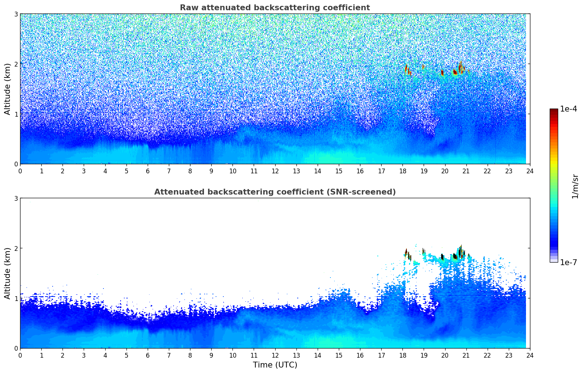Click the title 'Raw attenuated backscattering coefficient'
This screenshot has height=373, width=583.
point(275,8)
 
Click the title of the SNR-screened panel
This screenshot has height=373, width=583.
point(275,192)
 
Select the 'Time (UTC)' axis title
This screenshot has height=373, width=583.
point(275,365)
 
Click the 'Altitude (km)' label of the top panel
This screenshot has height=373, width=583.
point(7,89)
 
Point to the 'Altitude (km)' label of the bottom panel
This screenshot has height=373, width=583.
point(7,273)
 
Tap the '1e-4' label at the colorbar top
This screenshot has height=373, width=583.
point(568,109)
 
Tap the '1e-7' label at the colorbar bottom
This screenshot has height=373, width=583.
point(568,262)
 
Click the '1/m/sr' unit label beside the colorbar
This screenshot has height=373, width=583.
point(575,186)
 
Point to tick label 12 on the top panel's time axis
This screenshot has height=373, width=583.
point(275,171)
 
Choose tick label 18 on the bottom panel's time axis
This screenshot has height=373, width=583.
point(402,355)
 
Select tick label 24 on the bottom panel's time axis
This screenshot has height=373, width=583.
point(530,355)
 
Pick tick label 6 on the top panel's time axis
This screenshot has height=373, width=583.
point(148,171)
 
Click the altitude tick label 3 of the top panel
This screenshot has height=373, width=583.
point(16,14)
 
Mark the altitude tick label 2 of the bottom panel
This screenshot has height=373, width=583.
point(16,248)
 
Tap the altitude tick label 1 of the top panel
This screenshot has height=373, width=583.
point(16,114)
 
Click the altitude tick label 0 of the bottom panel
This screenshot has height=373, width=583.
point(16,348)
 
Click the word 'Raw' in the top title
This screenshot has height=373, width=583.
point(188,8)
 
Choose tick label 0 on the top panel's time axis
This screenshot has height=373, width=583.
point(20,171)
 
